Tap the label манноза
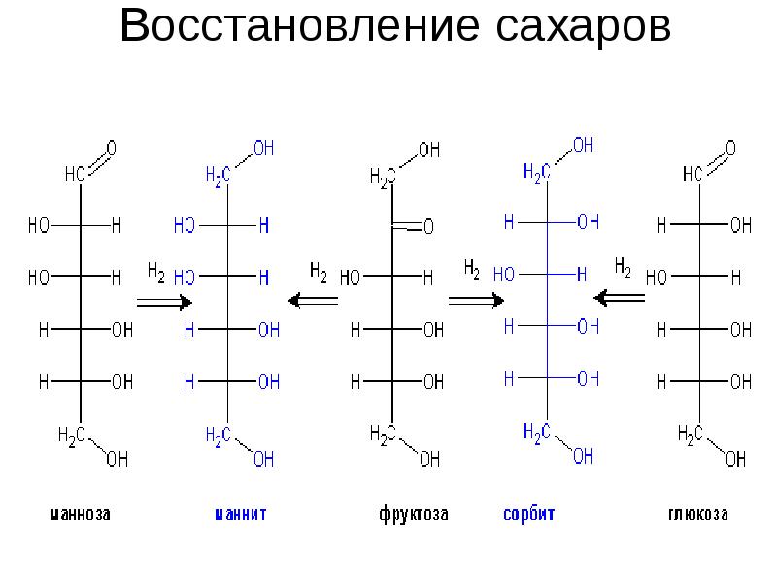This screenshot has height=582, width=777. click(x=79, y=514)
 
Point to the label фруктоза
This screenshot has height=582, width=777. click(x=413, y=514)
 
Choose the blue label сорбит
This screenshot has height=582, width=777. click(x=528, y=514)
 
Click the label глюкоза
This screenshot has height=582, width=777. click(x=696, y=514)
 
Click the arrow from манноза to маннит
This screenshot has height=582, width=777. click(x=164, y=302)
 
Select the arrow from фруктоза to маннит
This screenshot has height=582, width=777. click(x=314, y=301)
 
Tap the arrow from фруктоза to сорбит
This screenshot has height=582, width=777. click(x=476, y=301)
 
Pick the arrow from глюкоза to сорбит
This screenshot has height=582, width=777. click(x=621, y=296)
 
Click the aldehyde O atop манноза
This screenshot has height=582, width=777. click(x=111, y=148)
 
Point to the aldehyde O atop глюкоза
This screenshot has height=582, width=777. click(x=730, y=148)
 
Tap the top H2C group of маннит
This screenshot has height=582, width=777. click(x=218, y=175)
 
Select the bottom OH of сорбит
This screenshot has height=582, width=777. click(x=583, y=455)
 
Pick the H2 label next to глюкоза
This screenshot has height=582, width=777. click(x=624, y=265)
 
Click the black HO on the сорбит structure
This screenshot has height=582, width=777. click(x=504, y=275)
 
